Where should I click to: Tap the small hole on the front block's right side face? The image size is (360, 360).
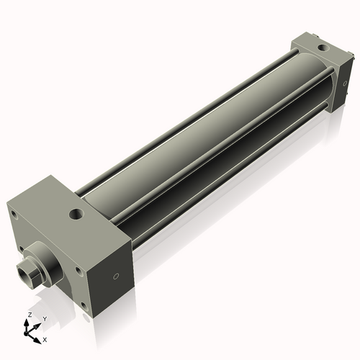click(115, 276)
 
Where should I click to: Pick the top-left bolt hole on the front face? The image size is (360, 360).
click(12, 214)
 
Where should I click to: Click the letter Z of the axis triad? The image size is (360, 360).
click(29, 315)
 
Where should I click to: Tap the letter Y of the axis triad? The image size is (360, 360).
click(44, 319)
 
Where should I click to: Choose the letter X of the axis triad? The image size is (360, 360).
click(45, 338)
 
